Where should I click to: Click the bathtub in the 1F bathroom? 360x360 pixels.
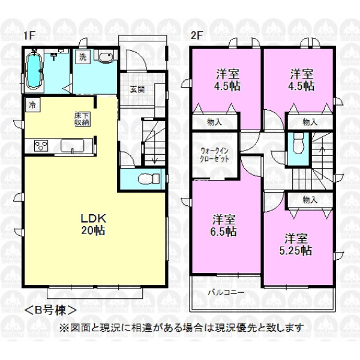pyautogui.click(x=35, y=70)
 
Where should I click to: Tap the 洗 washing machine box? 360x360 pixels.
pyautogui.click(x=83, y=57)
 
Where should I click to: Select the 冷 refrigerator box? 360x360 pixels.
pyautogui.click(x=32, y=105)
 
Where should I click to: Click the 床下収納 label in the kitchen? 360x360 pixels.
pyautogui.click(x=82, y=119)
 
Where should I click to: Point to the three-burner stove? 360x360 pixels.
pyautogui.click(x=41, y=146)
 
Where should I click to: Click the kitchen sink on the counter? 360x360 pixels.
pyautogui.click(x=72, y=146)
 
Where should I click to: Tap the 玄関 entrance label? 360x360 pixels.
pyautogui.click(x=137, y=89)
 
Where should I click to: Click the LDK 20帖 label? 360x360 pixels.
pyautogui.click(x=93, y=224)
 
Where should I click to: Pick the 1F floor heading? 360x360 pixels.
pyautogui.click(x=29, y=35)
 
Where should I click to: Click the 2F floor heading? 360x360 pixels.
pyautogui.click(x=196, y=35)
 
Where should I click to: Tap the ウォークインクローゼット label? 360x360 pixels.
pyautogui.click(x=214, y=155)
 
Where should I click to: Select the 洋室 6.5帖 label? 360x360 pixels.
pyautogui.click(x=223, y=226)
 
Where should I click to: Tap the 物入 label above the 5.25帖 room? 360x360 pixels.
pyautogui.click(x=310, y=200)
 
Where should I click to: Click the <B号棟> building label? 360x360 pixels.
pyautogui.click(x=50, y=310)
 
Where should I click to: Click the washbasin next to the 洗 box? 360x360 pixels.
pyautogui.click(x=106, y=56)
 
